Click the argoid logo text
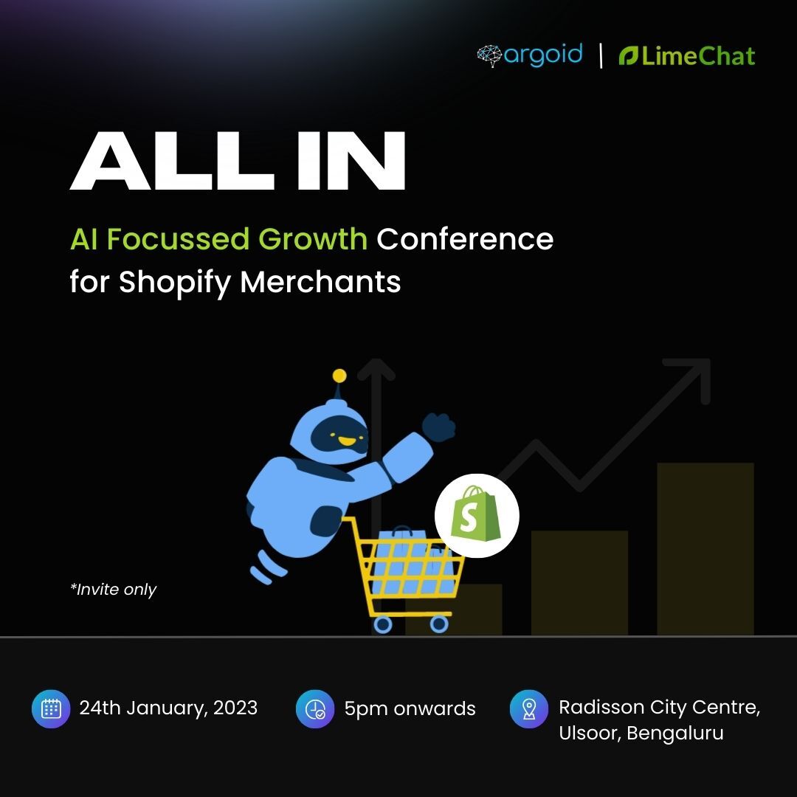[x=542, y=55]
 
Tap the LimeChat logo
[x=687, y=56]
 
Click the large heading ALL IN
[x=238, y=162]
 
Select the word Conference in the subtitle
[x=465, y=239]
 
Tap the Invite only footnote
[x=114, y=590]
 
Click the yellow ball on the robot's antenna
[x=339, y=376]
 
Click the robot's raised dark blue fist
[x=438, y=426]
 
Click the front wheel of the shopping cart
[x=439, y=624]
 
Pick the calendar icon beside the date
[x=51, y=708]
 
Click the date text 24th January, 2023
[x=168, y=708]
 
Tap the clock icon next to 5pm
[x=315, y=708]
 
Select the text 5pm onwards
[x=410, y=709]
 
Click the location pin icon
[x=529, y=708]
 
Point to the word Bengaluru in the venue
[x=675, y=733]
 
